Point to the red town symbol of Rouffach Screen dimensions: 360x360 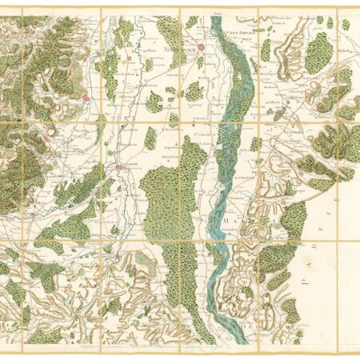click(86, 98)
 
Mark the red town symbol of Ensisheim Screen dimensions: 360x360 click(120, 167)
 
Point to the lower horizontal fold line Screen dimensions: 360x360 click(180, 239)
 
